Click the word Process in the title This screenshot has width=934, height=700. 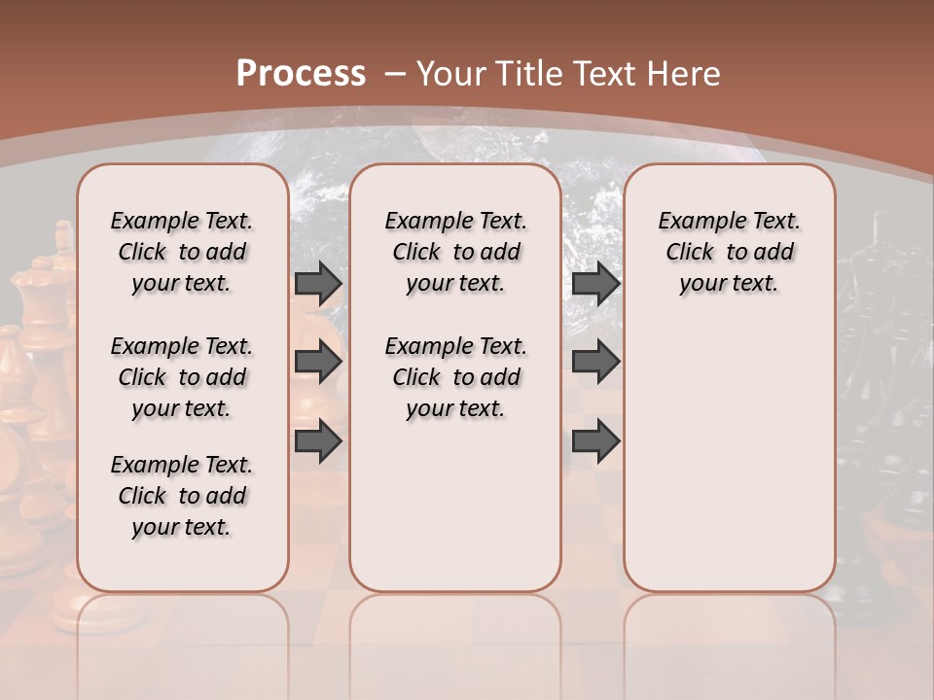pyautogui.click(x=301, y=74)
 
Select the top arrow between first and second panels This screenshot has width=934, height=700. pyautogui.click(x=317, y=283)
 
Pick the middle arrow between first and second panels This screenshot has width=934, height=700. pyautogui.click(x=317, y=362)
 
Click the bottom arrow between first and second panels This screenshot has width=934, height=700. pyautogui.click(x=317, y=440)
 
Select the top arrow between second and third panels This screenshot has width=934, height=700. pyautogui.click(x=595, y=283)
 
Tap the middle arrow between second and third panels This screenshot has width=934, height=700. pyautogui.click(x=595, y=362)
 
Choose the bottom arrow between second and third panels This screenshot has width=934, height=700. pyautogui.click(x=595, y=440)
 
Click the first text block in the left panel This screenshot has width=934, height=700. pyautogui.click(x=182, y=252)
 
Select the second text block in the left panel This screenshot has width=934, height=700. pyautogui.click(x=182, y=377)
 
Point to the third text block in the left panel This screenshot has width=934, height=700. pyautogui.click(x=182, y=496)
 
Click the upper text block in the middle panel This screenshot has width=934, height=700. pyautogui.click(x=455, y=252)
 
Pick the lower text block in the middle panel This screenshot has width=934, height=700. pyautogui.click(x=455, y=377)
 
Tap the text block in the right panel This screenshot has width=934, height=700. pyautogui.click(x=729, y=252)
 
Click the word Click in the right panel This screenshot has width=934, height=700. pyautogui.click(x=690, y=253)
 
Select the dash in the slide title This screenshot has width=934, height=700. pyautogui.click(x=395, y=74)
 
